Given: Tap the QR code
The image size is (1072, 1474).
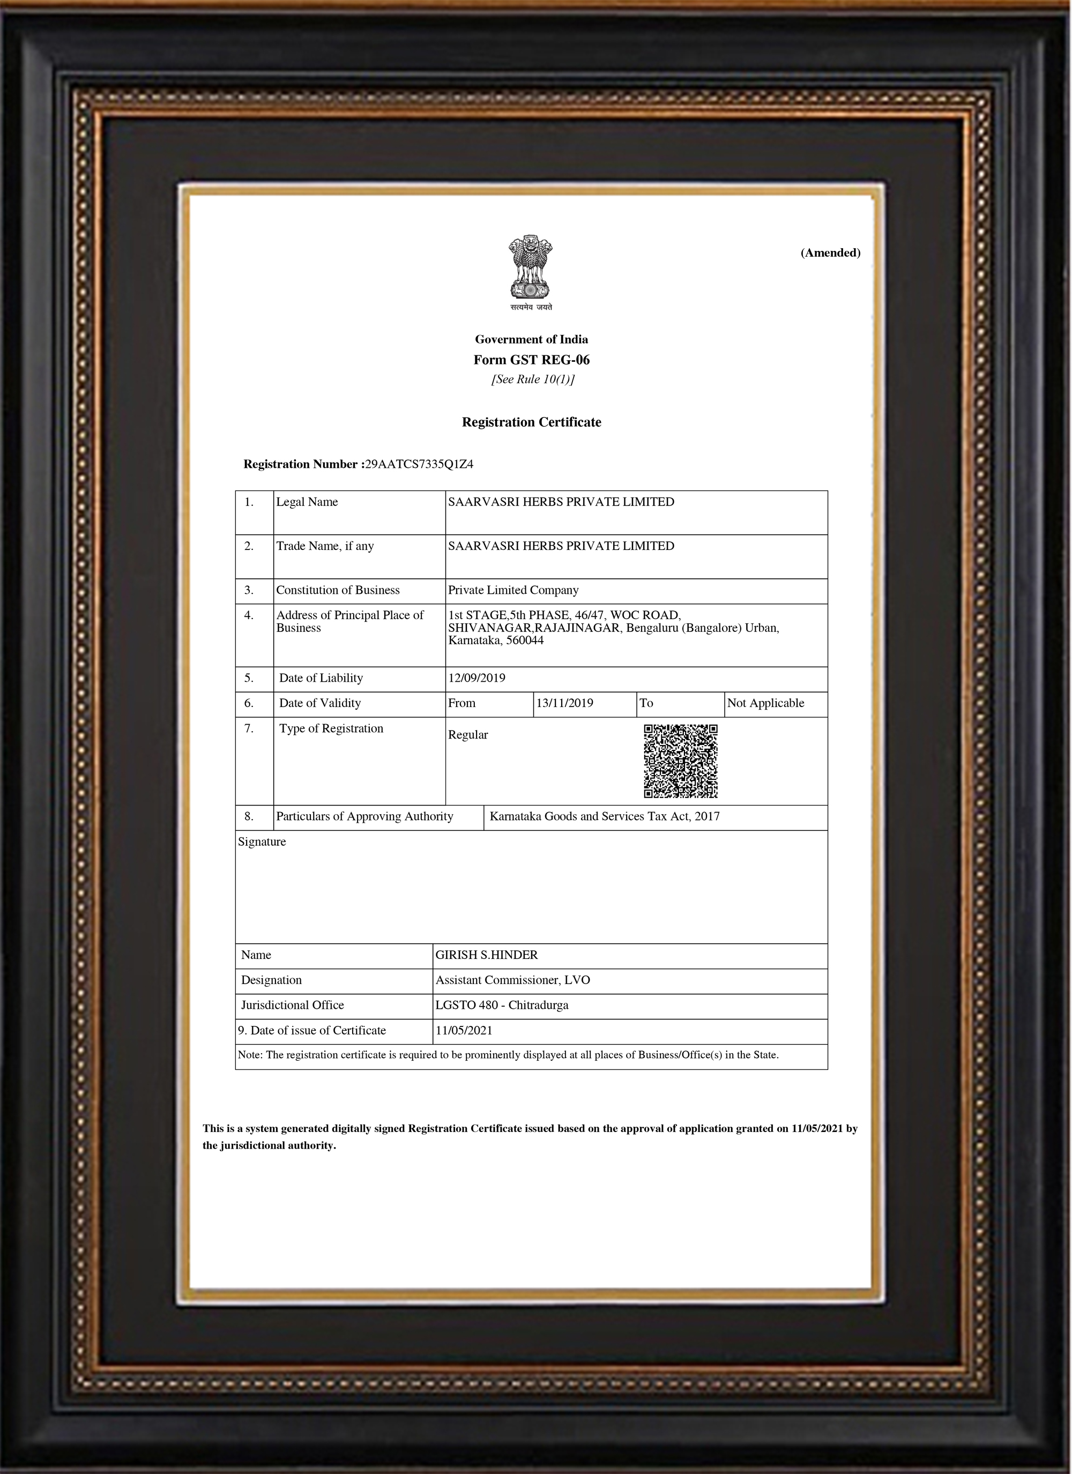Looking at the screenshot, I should [x=680, y=761].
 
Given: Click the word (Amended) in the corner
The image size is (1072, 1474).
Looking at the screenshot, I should [x=830, y=253].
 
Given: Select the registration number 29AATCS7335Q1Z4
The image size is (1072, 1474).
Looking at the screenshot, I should [x=419, y=464].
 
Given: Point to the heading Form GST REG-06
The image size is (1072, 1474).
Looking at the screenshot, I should [x=531, y=360].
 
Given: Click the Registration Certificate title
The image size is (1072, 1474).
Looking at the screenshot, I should [x=531, y=422].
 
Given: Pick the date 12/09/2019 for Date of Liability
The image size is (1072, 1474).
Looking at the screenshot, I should [x=477, y=678].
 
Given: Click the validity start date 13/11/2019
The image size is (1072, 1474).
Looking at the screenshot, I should [x=564, y=703].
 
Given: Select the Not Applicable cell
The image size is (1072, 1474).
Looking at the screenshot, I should [x=765, y=703].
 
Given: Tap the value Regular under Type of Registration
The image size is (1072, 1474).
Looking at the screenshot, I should [x=467, y=735].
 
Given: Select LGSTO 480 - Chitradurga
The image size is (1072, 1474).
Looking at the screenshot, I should [x=501, y=1006].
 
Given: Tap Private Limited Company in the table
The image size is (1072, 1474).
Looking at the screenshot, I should [x=513, y=590].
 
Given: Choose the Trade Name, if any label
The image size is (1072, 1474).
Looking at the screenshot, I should [x=324, y=546].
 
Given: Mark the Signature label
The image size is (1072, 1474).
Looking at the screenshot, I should [x=262, y=842].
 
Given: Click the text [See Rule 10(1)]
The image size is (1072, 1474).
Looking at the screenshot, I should [x=532, y=379].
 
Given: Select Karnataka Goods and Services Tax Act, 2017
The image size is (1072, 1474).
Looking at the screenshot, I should [x=604, y=817].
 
